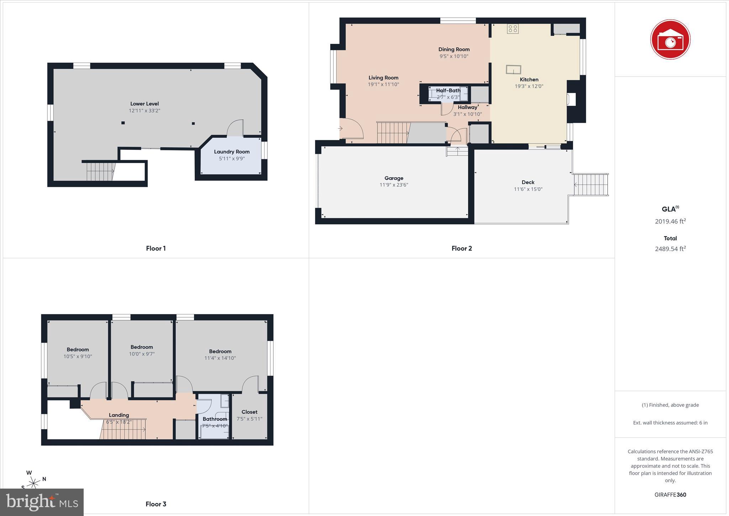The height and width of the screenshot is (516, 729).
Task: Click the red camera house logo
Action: pyautogui.click(x=670, y=40)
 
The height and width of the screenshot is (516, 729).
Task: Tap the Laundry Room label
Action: pyautogui.click(x=232, y=152)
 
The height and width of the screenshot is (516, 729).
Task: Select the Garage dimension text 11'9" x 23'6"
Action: pyautogui.click(x=394, y=185)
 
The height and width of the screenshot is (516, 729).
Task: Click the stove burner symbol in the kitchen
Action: pyautogui.click(x=513, y=29)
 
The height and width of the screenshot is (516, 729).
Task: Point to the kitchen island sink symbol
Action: pyautogui.click(x=513, y=69)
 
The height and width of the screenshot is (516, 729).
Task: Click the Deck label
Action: pyautogui.click(x=528, y=182)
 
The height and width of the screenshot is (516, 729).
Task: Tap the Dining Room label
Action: pyautogui.click(x=454, y=49)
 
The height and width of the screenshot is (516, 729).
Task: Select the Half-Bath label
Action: pyautogui.click(x=448, y=90)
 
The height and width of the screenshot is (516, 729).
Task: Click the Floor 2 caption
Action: pyautogui.click(x=462, y=249)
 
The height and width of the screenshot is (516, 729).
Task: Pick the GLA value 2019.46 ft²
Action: pyautogui.click(x=670, y=221)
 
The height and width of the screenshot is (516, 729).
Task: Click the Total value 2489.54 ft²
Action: pyautogui.click(x=670, y=249)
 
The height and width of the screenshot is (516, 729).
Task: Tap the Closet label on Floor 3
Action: pyautogui.click(x=249, y=412)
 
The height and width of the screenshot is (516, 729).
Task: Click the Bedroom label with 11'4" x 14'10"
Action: pyautogui.click(x=220, y=351)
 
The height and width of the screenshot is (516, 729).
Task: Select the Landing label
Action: pyautogui.click(x=119, y=415)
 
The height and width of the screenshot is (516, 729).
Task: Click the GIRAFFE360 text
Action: pyautogui.click(x=670, y=495)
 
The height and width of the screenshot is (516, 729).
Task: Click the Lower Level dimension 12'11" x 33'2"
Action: pyautogui.click(x=145, y=111)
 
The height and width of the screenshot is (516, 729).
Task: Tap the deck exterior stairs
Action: pyautogui.click(x=591, y=184)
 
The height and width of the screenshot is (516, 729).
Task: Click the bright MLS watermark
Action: pyautogui.click(x=42, y=502)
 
